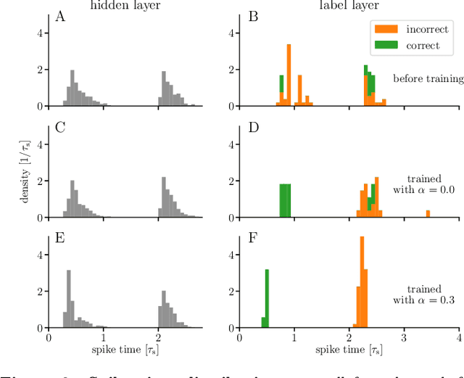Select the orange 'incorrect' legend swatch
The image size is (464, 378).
[x=385, y=30]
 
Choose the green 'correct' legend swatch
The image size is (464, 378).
[x=385, y=45]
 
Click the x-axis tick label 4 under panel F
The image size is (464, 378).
[x=458, y=338]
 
